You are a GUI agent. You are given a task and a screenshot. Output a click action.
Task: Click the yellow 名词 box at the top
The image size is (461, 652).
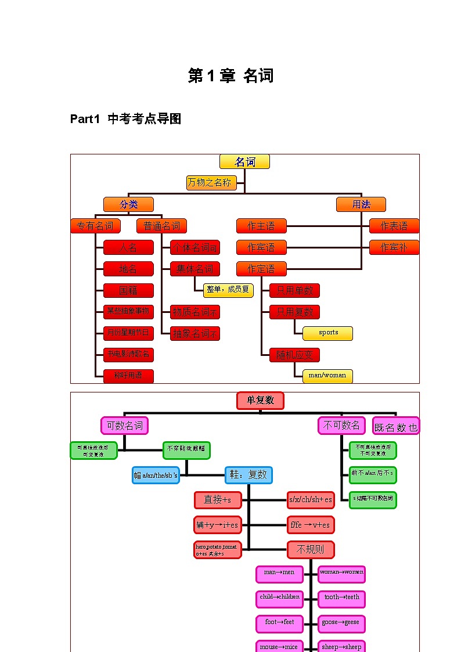pyautogui.click(x=244, y=161)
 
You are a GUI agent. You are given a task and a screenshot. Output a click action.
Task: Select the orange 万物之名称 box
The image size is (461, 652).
pyautogui.click(x=211, y=183)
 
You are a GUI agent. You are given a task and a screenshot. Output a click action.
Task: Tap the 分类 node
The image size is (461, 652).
pyautogui.click(x=128, y=204)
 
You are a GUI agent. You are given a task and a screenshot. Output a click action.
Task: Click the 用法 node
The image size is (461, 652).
pyautogui.click(x=361, y=204)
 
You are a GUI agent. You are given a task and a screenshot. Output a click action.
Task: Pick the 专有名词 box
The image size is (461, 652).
pyautogui.click(x=95, y=226)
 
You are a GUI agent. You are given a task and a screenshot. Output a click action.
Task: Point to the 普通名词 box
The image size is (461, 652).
pyautogui.click(x=161, y=226)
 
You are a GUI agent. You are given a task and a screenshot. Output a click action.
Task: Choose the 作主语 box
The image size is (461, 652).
pyautogui.click(x=261, y=226)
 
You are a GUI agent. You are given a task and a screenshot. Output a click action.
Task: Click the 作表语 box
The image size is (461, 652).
pyautogui.click(x=394, y=226)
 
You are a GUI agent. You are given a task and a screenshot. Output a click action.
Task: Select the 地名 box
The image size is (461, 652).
pyautogui.click(x=128, y=269)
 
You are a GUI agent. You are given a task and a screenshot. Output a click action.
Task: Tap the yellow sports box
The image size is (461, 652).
pyautogui.click(x=327, y=333)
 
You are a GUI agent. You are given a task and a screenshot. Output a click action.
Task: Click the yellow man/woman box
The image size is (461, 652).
pyautogui.click(x=327, y=376)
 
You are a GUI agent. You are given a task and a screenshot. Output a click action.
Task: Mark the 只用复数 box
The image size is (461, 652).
pyautogui.click(x=294, y=312)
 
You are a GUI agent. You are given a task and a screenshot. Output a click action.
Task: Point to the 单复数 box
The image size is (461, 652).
pyautogui.click(x=260, y=401)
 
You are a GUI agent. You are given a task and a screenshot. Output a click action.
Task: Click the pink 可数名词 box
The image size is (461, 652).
pyautogui.click(x=124, y=426)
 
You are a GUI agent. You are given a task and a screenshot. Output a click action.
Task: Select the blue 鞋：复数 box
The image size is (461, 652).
pyautogui.click(x=248, y=475)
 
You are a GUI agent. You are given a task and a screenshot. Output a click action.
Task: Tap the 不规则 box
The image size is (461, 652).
pyautogui.click(x=311, y=549)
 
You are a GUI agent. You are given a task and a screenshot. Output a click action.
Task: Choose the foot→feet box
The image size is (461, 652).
pyautogui.click(x=279, y=623)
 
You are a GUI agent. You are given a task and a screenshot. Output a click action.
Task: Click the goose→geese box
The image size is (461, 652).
pyautogui.click(x=341, y=623)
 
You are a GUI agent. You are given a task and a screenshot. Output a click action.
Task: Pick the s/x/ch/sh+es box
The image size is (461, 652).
pyautogui.click(x=311, y=500)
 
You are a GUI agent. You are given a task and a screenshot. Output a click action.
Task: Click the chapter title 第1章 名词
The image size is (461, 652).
pyautogui.click(x=230, y=75)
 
